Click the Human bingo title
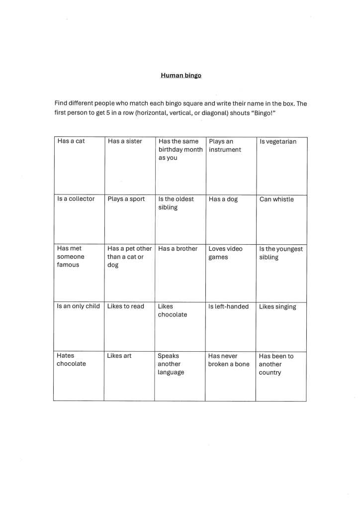pyautogui.click(x=181, y=76)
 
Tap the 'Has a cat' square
pyautogui.click(x=79, y=166)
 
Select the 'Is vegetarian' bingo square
pyautogui.click(x=281, y=166)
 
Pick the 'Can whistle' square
pyautogui.click(x=281, y=219)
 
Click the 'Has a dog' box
pyautogui.click(x=231, y=219)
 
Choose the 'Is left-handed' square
pyautogui.click(x=230, y=326)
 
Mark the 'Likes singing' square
pyautogui.click(x=281, y=326)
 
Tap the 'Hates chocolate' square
pyautogui.click(x=79, y=376)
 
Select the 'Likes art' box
pyautogui.click(x=129, y=376)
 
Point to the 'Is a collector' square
pyautogui.click(x=79, y=219)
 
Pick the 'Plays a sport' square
pyautogui.click(x=129, y=219)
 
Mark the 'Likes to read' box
pyautogui.click(x=129, y=326)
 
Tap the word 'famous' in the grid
pyautogui.click(x=68, y=265)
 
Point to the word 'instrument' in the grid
pyautogui.click(x=225, y=150)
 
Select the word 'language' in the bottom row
pyautogui.click(x=171, y=373)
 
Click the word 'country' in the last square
pyautogui.click(x=270, y=373)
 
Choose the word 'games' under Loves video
pyautogui.click(x=218, y=257)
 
